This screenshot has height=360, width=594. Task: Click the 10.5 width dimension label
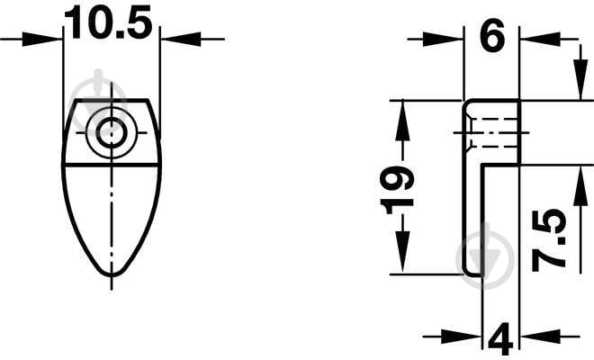coord(108,22)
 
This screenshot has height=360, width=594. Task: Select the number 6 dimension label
coord(492,35)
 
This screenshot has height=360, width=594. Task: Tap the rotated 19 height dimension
coord(397,190)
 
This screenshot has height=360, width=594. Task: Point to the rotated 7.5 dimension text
coord(549,240)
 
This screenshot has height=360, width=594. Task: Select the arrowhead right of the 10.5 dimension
coord(181,39)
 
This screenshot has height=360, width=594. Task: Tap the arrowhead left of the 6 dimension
coord(443,39)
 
